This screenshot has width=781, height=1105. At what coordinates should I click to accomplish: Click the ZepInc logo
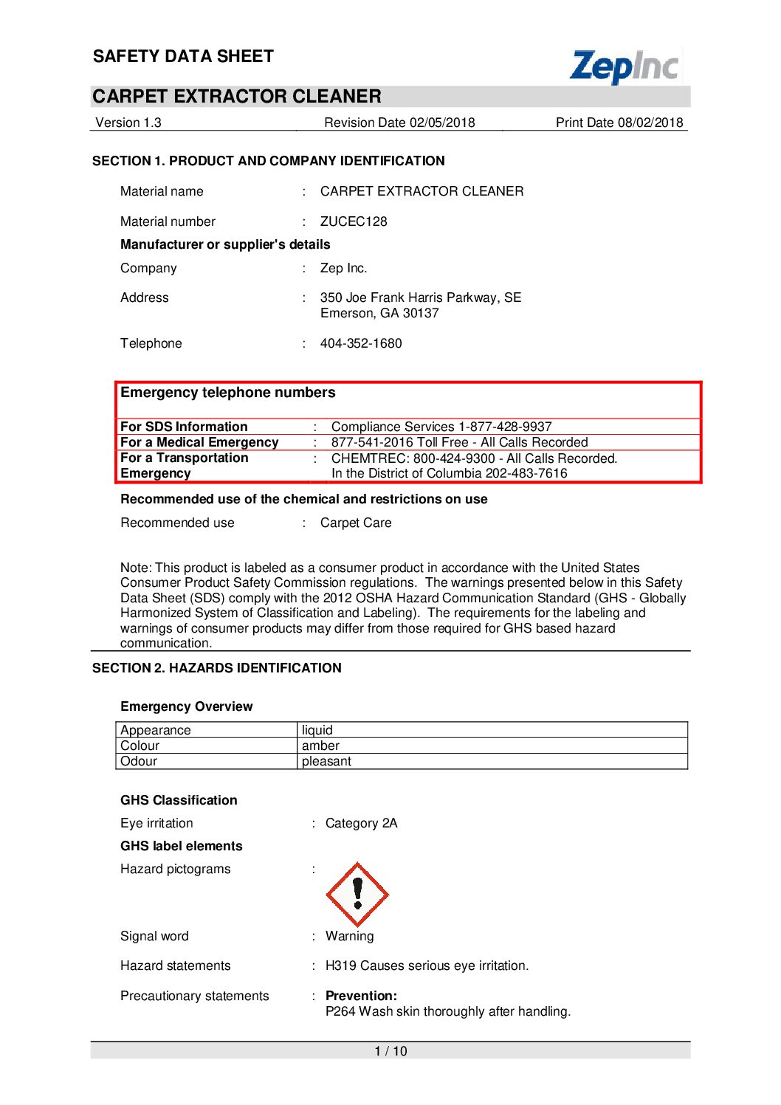click(x=625, y=66)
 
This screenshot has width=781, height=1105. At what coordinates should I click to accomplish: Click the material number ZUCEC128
click(x=354, y=221)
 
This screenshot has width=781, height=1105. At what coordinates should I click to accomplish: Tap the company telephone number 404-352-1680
click(x=361, y=343)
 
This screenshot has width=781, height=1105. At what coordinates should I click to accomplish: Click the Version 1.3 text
click(x=128, y=123)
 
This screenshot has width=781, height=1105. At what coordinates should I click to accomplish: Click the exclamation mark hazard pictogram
click(x=357, y=894)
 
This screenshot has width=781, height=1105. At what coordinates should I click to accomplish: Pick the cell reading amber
click(x=320, y=746)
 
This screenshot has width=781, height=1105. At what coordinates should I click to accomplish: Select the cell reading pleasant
click(x=326, y=761)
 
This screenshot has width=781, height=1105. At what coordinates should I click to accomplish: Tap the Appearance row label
click(x=156, y=730)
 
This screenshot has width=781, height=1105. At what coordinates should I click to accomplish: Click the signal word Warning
click(x=350, y=936)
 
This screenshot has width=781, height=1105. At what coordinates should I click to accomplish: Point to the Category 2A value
click(x=361, y=823)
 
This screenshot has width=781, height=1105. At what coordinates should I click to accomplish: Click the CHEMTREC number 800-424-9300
click(x=453, y=458)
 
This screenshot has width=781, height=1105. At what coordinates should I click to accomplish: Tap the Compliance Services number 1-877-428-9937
click(x=505, y=427)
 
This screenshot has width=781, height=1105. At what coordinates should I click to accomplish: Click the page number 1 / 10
click(x=390, y=1051)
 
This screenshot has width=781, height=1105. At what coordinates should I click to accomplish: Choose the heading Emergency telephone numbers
click(x=228, y=393)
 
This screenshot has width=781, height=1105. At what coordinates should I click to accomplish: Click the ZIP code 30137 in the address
click(x=421, y=313)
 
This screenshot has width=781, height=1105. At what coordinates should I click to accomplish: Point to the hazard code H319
click(x=341, y=965)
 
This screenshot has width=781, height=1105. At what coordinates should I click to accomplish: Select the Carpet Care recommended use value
click(x=356, y=523)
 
